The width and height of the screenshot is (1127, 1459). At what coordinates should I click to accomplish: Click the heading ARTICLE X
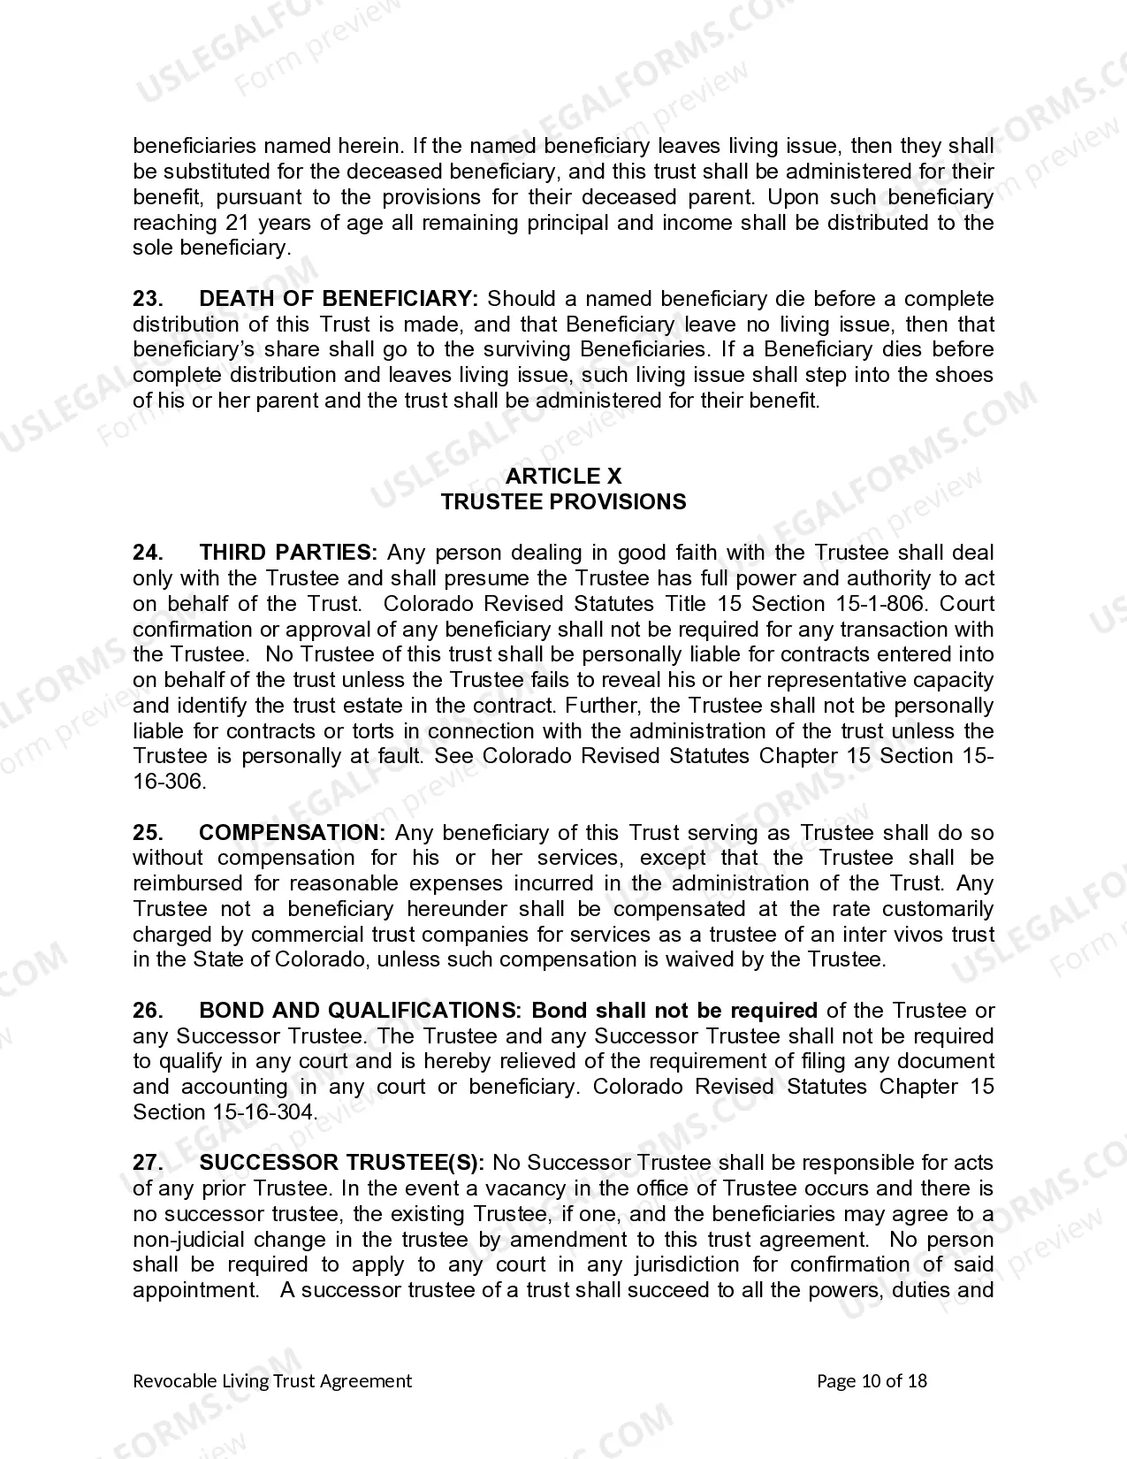pyautogui.click(x=563, y=477)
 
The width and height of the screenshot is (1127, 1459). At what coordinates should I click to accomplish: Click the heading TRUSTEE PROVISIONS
pyautogui.click(x=563, y=502)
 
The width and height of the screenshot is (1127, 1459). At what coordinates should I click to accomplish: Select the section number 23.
pyautogui.click(x=148, y=299)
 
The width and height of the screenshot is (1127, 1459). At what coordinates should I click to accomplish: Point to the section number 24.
pyautogui.click(x=148, y=553)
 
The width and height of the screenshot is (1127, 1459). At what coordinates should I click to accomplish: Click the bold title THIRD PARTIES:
pyautogui.click(x=289, y=553)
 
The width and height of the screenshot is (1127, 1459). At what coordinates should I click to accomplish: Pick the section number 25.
pyautogui.click(x=148, y=833)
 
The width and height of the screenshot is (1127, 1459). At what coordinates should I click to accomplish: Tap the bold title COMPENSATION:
pyautogui.click(x=293, y=833)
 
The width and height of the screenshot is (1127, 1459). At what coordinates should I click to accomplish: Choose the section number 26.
pyautogui.click(x=148, y=1011)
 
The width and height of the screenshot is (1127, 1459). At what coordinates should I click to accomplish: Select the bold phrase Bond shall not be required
pyautogui.click(x=674, y=1011)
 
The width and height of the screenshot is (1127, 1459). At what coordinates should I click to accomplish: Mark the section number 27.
pyautogui.click(x=148, y=1163)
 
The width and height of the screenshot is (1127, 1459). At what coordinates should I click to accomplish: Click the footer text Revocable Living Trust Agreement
pyautogui.click(x=272, y=1381)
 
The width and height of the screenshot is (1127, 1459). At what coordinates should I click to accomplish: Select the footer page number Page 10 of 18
pyautogui.click(x=872, y=1381)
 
